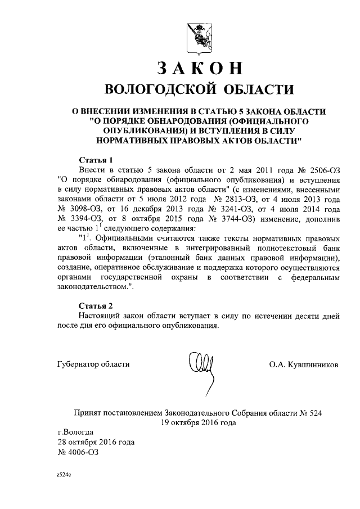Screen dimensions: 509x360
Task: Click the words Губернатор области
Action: [93, 364]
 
